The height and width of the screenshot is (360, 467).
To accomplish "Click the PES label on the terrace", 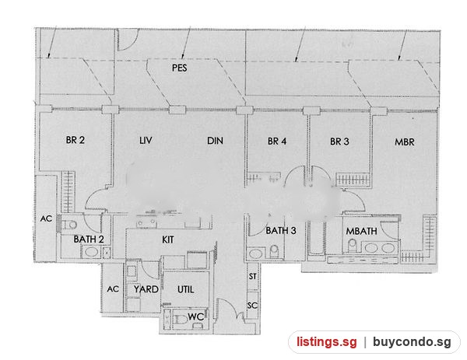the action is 180,68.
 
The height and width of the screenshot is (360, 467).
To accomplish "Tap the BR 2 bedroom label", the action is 75,140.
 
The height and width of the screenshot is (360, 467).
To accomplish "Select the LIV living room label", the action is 146,140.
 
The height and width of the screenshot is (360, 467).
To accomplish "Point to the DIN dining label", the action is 215,141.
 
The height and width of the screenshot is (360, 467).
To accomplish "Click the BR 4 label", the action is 277,141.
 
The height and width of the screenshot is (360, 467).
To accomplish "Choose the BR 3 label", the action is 339,142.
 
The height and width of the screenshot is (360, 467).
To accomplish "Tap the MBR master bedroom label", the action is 405,142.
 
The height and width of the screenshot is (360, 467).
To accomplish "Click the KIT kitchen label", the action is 168,239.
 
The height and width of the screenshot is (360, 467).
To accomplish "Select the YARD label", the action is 146,289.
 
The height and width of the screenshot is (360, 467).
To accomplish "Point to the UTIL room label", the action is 186,289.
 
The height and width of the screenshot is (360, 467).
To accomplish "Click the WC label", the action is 195,316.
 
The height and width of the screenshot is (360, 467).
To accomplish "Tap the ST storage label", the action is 252,276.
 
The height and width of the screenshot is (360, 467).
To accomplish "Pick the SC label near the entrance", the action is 252,306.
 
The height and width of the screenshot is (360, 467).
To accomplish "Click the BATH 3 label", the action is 281,231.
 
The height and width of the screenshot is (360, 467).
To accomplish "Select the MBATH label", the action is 362,231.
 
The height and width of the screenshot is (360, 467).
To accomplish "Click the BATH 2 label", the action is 89,239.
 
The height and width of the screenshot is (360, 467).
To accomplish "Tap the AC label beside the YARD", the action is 113,289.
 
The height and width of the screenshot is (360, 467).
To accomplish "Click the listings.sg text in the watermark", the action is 326,341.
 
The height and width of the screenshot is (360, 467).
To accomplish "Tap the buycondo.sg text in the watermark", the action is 412,342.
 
